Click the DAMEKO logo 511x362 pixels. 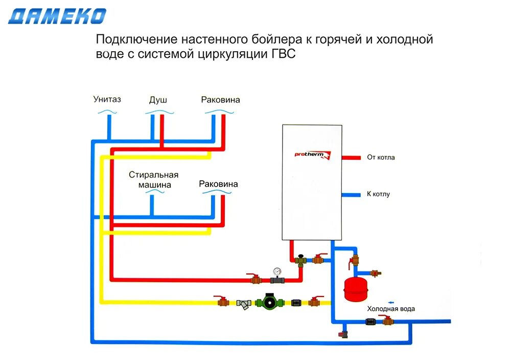point(57,16)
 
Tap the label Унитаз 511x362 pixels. point(107,99)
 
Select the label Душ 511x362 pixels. point(158,100)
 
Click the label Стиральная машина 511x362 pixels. point(153,179)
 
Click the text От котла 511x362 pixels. point(381,157)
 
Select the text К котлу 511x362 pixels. point(378,194)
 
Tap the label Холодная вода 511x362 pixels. point(391,309)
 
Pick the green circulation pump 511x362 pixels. point(268,303)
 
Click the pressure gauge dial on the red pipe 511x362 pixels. point(277,270)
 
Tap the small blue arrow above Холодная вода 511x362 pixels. point(390,301)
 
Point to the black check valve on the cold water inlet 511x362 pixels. point(371,322)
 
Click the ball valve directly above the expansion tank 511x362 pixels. point(354,261)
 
